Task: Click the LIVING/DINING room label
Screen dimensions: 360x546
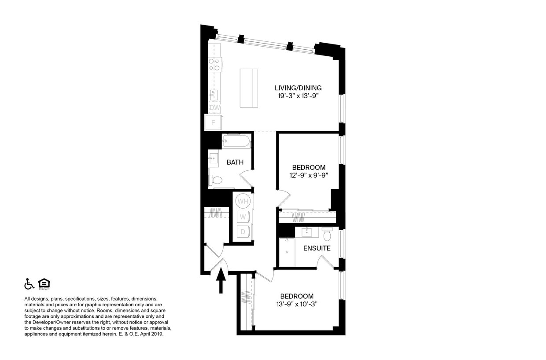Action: (x=298, y=88)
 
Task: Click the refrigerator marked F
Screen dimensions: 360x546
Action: (x=214, y=122)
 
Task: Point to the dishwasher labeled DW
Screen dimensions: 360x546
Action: (x=214, y=107)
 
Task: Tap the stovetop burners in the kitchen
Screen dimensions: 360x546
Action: (x=214, y=64)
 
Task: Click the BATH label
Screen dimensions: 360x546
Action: (x=235, y=162)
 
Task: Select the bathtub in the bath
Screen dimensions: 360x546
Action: (x=236, y=141)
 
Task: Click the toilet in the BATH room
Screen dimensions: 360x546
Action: (x=216, y=180)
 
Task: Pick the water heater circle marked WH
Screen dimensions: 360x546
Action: (x=243, y=202)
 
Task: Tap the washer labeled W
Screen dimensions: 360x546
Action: (x=243, y=217)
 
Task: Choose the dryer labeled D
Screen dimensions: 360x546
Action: (x=243, y=232)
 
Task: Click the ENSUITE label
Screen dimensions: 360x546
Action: (x=317, y=248)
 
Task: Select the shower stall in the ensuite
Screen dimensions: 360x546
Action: (x=287, y=252)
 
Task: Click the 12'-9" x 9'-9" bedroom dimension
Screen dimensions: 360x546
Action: (x=309, y=175)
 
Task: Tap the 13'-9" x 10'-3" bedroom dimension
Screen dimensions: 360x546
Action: (x=297, y=304)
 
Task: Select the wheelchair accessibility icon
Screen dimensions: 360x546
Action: (x=29, y=284)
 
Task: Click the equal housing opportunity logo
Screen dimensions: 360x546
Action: (x=44, y=284)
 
